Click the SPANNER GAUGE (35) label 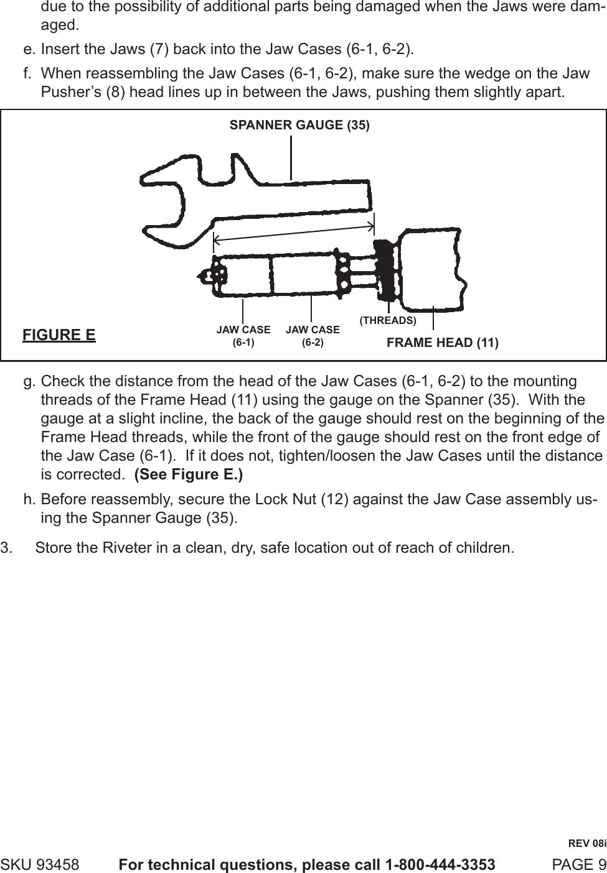pyautogui.click(x=299, y=125)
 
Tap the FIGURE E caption pyautogui.click(x=59, y=335)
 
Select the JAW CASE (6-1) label pyautogui.click(x=243, y=336)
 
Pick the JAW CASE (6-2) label pyautogui.click(x=313, y=336)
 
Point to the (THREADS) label pyautogui.click(x=388, y=320)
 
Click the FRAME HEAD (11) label pyautogui.click(x=443, y=343)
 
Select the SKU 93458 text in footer pyautogui.click(x=40, y=864)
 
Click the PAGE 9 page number pyautogui.click(x=579, y=864)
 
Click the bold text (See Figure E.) pyautogui.click(x=189, y=457)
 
